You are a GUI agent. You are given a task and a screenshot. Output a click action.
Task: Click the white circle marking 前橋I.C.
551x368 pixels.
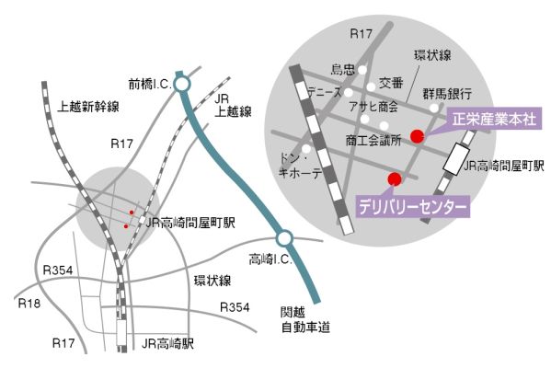(182, 85)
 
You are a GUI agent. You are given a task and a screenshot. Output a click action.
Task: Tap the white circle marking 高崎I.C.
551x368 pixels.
(284, 238)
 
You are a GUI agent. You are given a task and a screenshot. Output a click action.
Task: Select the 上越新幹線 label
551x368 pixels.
(88, 106)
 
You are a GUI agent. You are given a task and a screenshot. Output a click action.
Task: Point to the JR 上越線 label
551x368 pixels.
(233, 106)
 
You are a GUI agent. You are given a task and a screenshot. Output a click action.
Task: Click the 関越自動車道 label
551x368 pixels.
(305, 319)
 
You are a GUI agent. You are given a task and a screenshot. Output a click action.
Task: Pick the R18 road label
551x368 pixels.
(29, 303)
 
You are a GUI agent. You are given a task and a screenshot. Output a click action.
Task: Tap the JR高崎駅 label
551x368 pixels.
(167, 343)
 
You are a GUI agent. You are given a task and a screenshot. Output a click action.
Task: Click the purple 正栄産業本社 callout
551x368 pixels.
(494, 119)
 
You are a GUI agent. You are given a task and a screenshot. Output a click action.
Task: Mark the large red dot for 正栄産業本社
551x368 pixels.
(418, 136)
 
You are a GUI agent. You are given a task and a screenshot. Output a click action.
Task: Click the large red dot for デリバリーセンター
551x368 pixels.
(395, 179)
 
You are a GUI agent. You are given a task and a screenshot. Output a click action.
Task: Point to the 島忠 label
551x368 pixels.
(342, 69)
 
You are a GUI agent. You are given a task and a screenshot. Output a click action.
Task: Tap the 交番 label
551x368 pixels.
(391, 83)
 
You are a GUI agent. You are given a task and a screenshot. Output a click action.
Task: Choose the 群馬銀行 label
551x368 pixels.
(447, 94)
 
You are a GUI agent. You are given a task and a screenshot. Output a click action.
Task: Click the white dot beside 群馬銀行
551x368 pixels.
(434, 108)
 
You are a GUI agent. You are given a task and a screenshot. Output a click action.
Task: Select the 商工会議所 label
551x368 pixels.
(373, 141)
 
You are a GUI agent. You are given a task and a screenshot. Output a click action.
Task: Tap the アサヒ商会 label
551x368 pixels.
(373, 106)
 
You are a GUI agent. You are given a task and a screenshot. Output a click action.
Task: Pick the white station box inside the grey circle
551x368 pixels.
(456, 159)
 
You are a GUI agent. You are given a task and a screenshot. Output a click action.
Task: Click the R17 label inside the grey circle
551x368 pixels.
(361, 34)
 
